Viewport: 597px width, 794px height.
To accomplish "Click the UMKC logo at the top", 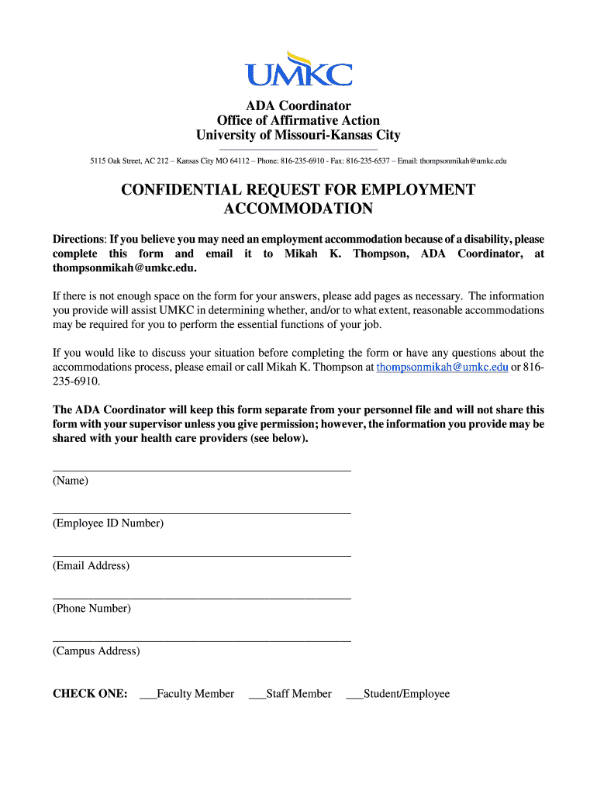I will [x=298, y=70].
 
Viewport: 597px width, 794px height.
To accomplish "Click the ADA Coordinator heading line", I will [x=298, y=105].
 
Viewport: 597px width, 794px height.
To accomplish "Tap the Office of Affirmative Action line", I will [x=298, y=120].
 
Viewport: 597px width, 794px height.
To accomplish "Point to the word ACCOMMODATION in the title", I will [x=298, y=209].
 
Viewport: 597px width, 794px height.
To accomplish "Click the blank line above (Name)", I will [x=202, y=469].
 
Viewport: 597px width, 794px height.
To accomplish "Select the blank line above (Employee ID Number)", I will [x=202, y=512].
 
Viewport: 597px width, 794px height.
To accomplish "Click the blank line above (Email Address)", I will [x=202, y=554].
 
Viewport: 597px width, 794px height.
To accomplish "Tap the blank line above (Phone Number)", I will [x=202, y=597].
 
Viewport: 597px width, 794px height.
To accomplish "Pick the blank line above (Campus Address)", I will [x=202, y=640].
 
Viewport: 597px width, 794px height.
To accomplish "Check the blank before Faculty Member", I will [x=148, y=695].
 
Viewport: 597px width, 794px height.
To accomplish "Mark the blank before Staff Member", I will [x=257, y=695].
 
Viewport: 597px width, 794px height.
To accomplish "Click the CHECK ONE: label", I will [x=90, y=694].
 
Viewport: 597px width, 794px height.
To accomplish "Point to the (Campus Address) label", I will [x=96, y=651].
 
